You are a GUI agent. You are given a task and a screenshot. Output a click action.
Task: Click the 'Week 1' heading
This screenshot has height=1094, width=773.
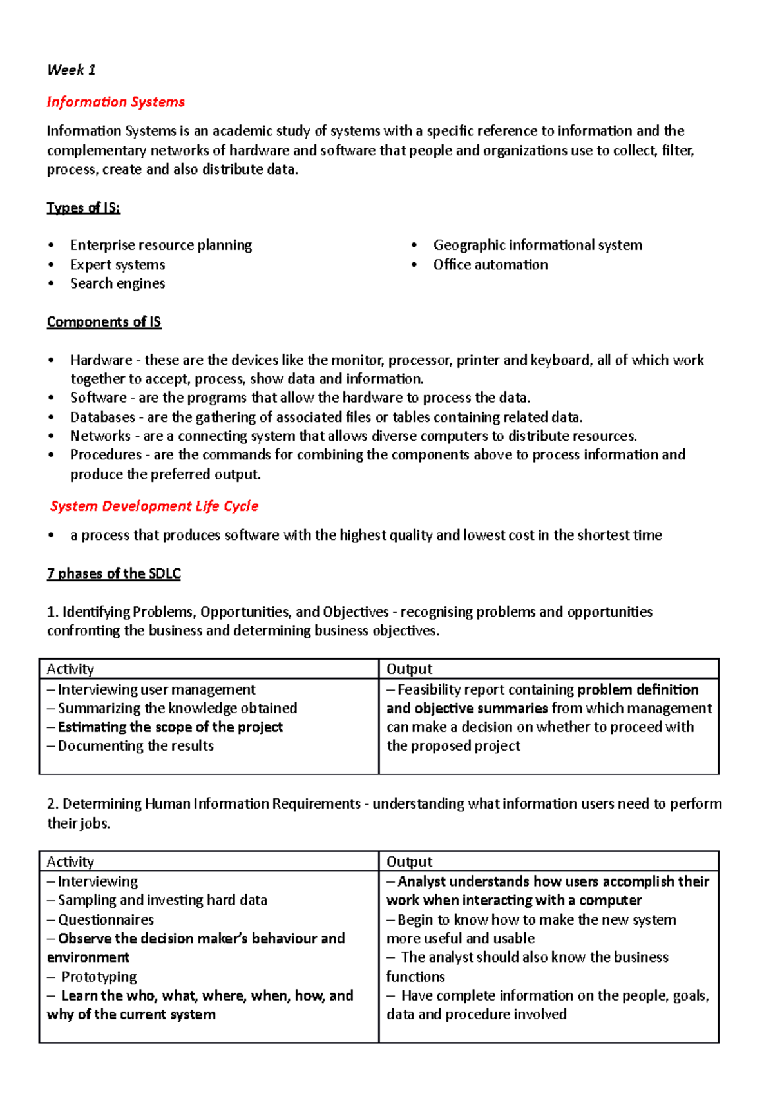coord(72,70)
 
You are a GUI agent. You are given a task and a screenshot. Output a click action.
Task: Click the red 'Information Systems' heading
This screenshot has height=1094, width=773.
coord(116,102)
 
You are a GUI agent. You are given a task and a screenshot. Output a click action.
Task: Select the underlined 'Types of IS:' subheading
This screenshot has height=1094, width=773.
coord(84,207)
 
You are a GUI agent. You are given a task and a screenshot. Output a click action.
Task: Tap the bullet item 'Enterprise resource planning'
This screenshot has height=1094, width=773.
coord(161,245)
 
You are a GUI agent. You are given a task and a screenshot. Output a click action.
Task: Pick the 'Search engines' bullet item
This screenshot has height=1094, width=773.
coord(117,283)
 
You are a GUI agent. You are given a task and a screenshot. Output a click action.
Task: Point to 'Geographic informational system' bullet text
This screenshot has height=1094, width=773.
coord(537,245)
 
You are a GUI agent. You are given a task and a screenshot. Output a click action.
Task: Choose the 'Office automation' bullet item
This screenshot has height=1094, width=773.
coord(490,265)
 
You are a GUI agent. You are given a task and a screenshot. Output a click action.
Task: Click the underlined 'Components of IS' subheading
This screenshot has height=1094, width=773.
coord(104,321)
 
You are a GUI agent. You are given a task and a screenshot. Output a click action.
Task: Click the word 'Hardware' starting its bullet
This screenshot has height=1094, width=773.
coord(101,360)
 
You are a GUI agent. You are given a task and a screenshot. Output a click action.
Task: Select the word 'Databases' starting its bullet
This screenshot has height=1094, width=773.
coord(102,417)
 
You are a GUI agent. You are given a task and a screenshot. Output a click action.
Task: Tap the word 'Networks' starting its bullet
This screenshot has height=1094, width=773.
coord(100,436)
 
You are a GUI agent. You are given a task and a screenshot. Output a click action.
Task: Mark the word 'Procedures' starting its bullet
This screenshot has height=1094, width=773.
coord(106,455)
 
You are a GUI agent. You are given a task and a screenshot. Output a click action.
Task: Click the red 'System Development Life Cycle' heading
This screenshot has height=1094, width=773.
coord(155,506)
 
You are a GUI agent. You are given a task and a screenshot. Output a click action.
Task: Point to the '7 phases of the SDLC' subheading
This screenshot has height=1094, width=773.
coord(114,573)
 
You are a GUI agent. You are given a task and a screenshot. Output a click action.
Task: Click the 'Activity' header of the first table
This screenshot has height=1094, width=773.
coord(70,669)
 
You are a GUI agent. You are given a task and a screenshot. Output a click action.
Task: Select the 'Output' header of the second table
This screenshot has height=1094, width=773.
coord(410,861)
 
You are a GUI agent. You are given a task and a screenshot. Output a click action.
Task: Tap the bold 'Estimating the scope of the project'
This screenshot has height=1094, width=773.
coord(170,727)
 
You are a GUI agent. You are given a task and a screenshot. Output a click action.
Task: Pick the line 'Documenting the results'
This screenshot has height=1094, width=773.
coord(135,745)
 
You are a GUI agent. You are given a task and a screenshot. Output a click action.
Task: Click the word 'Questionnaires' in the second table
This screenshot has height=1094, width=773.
coord(106,919)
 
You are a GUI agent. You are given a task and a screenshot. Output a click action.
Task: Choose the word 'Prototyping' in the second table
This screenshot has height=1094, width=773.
coord(99,977)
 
